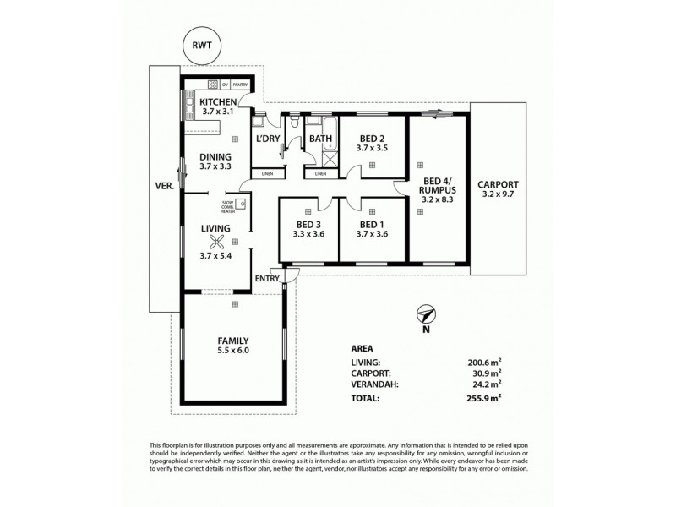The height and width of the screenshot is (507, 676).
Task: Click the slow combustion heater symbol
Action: tap(241, 204)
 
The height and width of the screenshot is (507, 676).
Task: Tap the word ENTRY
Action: tap(267, 279)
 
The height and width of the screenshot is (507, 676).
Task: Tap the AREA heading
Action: tap(362, 347)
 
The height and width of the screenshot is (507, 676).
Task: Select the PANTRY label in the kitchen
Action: tap(241, 84)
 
